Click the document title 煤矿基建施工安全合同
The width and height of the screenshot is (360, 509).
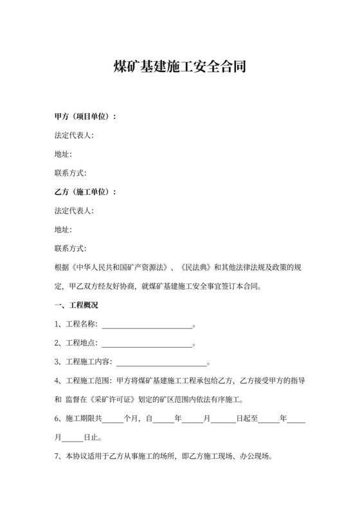click(179, 67)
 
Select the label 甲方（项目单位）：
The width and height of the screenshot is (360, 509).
click(85, 117)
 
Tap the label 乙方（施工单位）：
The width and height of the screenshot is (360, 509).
click(85, 192)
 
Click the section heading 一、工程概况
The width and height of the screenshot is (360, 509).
click(76, 305)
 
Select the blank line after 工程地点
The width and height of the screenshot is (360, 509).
click(147, 343)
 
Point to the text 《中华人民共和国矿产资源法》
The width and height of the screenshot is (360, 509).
click(123, 267)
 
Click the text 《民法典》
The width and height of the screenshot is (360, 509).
click(197, 267)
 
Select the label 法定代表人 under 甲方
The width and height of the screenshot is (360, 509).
click(75, 136)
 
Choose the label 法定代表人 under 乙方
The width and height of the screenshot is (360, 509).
click(75, 211)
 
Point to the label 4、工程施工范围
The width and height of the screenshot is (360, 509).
click(83, 381)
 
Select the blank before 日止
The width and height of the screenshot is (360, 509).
click(73, 438)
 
